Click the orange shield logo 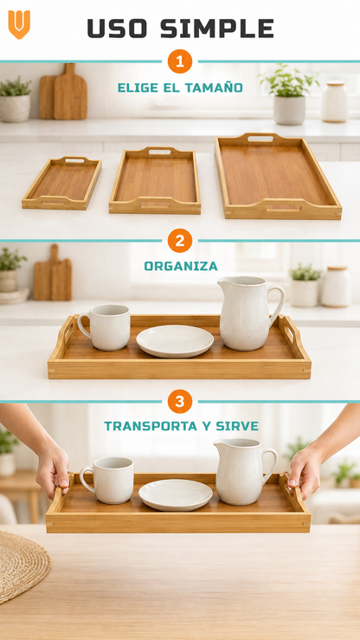tap(19, 24)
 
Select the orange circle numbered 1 tap(180, 61)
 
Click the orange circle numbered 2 tap(180, 241)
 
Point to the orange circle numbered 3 tap(180, 401)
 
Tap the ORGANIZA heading tap(181, 266)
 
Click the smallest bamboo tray tap(62, 184)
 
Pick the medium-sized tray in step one tap(155, 180)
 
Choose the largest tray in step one tap(279, 176)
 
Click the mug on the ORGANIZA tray tap(106, 327)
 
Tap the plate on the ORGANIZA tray tap(175, 341)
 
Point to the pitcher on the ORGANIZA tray tap(249, 313)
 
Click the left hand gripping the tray tap(53, 471)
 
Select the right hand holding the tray tap(306, 470)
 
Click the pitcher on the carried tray tap(245, 471)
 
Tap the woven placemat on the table tap(22, 565)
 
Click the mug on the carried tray tap(107, 480)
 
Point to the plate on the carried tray tap(176, 495)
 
